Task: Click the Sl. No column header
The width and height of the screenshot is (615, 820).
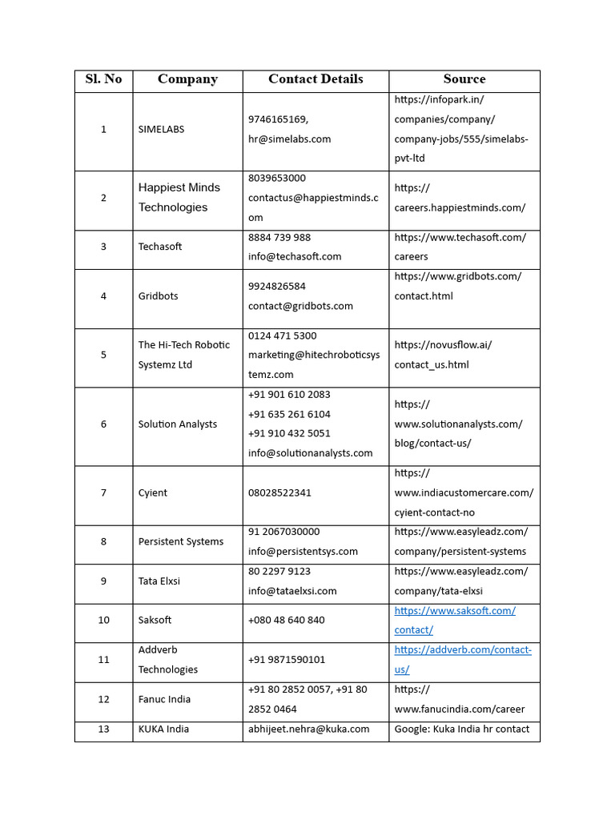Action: pos(103,79)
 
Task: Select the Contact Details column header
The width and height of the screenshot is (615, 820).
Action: pos(316,79)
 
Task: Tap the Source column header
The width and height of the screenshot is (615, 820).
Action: pos(464,79)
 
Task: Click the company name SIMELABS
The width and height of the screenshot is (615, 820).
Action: pos(161,130)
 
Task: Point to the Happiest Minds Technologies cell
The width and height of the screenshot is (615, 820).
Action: pos(179,197)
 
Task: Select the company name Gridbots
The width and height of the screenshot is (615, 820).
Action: pos(158,296)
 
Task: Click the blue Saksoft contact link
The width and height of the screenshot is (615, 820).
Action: pos(454,620)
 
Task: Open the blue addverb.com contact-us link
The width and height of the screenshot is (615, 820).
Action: pos(462,659)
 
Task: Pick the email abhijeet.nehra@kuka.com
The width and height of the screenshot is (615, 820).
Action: pos(308,729)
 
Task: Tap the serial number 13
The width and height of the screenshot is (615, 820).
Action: pos(103,729)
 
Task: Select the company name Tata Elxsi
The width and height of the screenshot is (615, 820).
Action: pos(159,581)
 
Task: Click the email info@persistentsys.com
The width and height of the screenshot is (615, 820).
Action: pos(303,552)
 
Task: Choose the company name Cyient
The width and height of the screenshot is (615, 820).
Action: pos(152,493)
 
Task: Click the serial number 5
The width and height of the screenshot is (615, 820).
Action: pos(103,355)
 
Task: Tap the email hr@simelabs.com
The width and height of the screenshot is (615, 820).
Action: pos(289,139)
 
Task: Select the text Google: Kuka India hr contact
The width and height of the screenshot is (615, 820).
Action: pos(462,729)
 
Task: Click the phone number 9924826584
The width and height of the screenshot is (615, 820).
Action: pos(276,287)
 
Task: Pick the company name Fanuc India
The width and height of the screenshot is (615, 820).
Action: pos(164,699)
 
